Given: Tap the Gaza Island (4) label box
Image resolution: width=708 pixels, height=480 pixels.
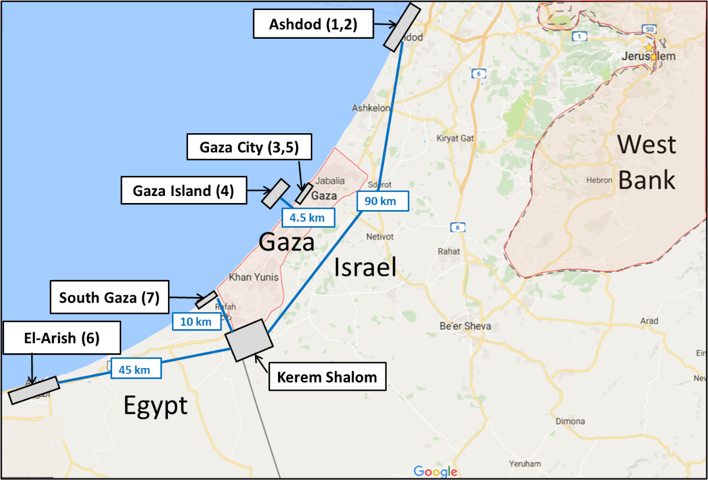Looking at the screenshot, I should pos(183,191).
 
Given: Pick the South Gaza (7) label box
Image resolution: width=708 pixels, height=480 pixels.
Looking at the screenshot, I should pos(109,298).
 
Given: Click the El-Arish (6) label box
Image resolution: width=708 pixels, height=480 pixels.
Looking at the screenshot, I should pos(61,338).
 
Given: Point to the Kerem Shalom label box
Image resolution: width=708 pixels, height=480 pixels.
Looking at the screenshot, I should pos(327,376).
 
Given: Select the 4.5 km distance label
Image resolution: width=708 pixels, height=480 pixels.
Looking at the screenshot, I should pos(308,217).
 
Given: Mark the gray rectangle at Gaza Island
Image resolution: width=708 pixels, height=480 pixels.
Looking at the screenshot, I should pos(275,194).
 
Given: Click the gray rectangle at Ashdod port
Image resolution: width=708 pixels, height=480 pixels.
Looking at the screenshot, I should pos(402,26).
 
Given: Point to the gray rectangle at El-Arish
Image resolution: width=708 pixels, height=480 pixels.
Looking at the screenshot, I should pos(34,390).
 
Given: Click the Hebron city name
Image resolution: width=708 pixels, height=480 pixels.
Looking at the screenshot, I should pos(599,180).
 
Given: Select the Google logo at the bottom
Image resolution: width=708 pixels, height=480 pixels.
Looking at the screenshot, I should pos(435,471).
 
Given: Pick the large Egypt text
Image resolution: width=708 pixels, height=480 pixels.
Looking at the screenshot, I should pos(155,405).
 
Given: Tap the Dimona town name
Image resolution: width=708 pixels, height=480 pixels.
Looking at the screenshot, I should pos(569,421).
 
